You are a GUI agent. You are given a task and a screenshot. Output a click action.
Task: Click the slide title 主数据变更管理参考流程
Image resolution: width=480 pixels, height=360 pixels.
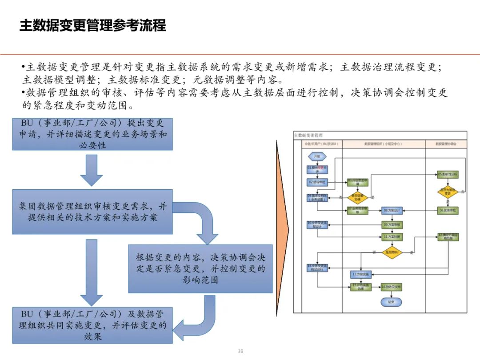(x=92, y=25)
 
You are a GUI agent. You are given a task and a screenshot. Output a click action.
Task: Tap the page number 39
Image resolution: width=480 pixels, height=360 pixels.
(x=240, y=351)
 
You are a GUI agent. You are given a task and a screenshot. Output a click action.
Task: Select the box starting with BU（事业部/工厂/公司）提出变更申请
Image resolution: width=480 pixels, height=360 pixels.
(x=92, y=134)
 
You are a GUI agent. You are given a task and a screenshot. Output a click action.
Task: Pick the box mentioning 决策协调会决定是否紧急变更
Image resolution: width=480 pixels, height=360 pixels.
(x=200, y=268)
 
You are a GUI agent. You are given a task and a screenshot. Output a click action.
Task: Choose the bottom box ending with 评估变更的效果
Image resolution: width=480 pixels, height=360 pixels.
(x=92, y=325)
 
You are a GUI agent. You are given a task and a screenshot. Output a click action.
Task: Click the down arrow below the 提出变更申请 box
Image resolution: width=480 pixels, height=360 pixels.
(x=92, y=170)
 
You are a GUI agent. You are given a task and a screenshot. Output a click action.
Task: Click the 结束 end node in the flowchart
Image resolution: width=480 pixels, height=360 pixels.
(x=391, y=302)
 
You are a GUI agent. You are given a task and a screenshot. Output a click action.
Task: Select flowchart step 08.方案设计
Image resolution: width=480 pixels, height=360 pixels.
(x=392, y=210)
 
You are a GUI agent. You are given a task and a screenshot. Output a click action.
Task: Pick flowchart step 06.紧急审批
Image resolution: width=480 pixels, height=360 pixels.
(x=448, y=210)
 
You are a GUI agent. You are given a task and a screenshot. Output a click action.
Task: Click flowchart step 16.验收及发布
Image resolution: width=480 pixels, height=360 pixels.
(x=391, y=288)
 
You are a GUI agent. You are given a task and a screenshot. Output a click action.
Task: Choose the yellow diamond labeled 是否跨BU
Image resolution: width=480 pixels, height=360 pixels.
(x=392, y=252)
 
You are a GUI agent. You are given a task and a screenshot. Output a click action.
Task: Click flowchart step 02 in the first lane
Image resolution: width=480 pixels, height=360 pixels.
(x=317, y=182)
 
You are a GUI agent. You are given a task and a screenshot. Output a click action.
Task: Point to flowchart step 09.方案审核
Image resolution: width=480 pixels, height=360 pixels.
(x=392, y=224)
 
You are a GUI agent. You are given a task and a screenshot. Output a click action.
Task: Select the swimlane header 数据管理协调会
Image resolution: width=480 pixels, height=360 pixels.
(x=445, y=144)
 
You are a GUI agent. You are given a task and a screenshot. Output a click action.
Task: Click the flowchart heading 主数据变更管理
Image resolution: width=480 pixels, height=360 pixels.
(x=309, y=135)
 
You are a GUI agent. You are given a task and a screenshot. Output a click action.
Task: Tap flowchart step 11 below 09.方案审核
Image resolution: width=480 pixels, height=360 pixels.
(x=392, y=237)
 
